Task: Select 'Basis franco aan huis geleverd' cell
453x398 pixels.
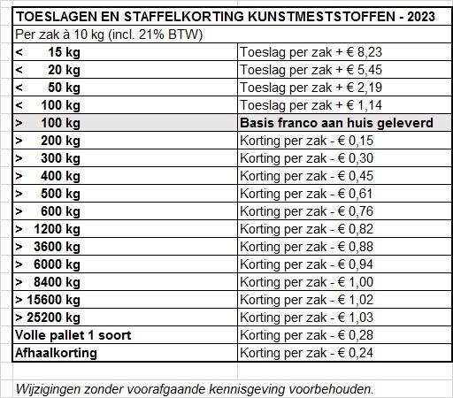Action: (336, 123)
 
